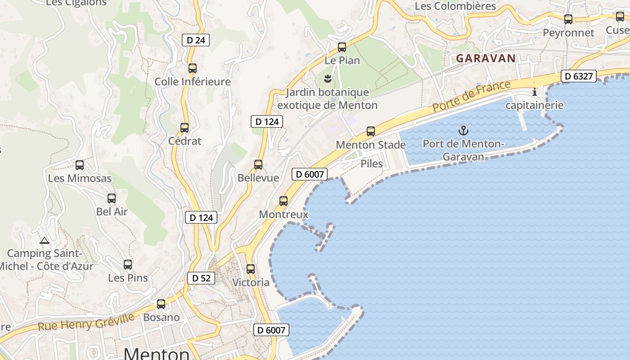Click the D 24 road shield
pos(196,40)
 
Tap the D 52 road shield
pos(201,278)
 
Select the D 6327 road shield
pos(579,76)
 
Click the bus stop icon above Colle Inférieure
pos(193,68)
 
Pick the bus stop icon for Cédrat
pos(184,128)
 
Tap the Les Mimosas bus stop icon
pos(80,165)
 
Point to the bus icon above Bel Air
pos(112,198)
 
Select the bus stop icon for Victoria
pos(251,269)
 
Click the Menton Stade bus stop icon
pos(371,131)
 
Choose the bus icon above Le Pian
pos(342,47)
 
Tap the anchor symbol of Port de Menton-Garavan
pos(463,131)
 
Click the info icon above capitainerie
pos(535,92)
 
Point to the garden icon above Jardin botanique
pos(328,79)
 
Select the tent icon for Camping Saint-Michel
pos(44,240)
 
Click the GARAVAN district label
pos(486,58)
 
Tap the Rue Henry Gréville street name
pos(86,322)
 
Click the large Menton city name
pos(156,354)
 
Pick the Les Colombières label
pos(455,6)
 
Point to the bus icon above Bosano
pos(161,304)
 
